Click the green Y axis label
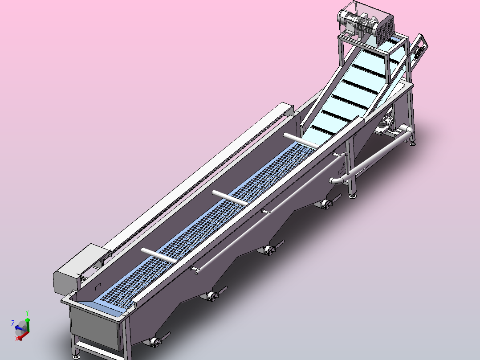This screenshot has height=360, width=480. point(27,313)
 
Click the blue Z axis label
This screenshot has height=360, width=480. point(13,323)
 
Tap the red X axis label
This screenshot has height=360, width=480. point(17,339)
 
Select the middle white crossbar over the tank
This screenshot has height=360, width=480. point(230,198)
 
